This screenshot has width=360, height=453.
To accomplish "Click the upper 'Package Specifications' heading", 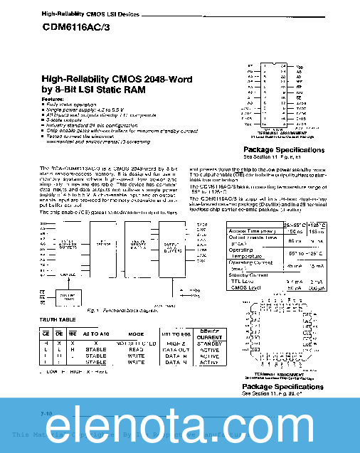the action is [281, 151].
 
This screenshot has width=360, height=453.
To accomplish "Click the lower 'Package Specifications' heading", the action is [281, 387].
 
